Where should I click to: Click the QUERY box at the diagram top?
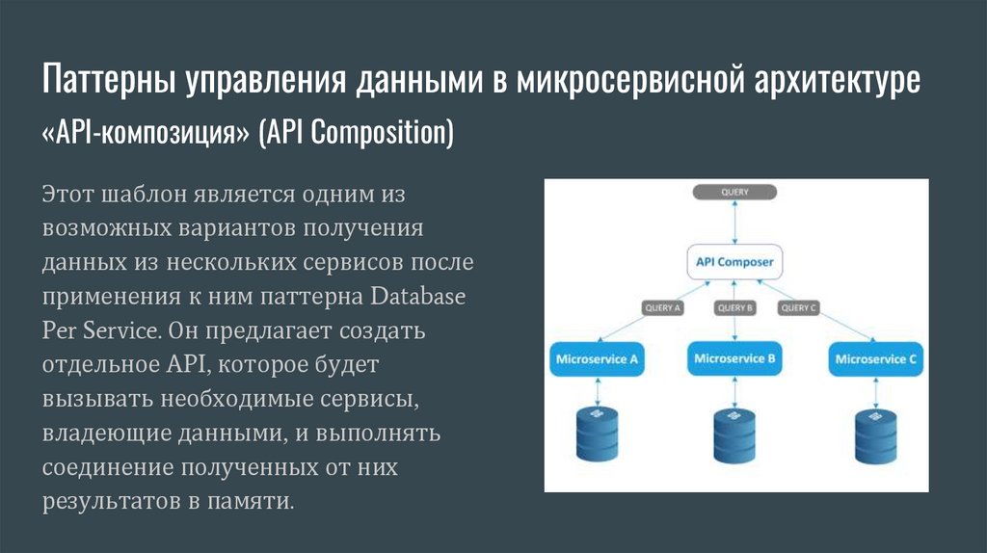point(734,192)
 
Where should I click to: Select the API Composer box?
point(734,261)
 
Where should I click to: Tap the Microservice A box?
point(598,359)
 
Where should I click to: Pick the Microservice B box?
point(734,359)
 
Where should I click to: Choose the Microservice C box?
point(875,359)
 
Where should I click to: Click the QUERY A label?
point(662,308)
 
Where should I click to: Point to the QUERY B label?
point(734,308)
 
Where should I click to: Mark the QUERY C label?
point(799,308)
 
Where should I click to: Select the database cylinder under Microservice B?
point(734,435)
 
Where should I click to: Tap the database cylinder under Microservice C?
point(875,435)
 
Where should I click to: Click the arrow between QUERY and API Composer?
point(734,224)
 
